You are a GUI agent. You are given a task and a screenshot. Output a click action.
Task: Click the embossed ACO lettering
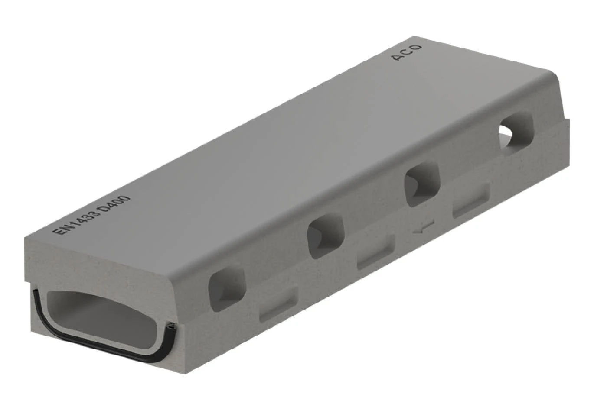coord(407,53)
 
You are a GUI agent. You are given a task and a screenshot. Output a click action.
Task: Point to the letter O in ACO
coord(417,48)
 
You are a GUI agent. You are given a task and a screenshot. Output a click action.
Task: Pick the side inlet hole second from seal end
coord(326,236)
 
